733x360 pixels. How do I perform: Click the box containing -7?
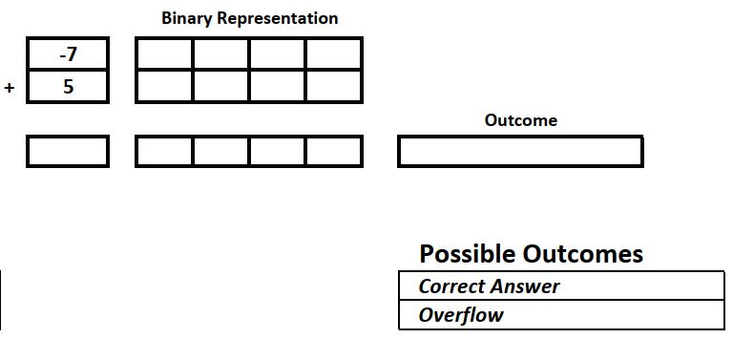click(68, 54)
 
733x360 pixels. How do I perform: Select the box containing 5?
click(68, 87)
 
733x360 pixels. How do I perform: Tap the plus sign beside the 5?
click(10, 88)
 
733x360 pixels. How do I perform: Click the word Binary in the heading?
click(188, 18)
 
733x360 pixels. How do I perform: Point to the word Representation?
click(278, 18)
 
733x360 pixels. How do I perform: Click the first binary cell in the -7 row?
click(164, 54)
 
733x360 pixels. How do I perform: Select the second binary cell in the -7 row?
click(220, 54)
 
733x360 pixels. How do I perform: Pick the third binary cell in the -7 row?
click(277, 54)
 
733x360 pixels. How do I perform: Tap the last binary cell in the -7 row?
click(333, 54)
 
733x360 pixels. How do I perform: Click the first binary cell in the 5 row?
click(164, 87)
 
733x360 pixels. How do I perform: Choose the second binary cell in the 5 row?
click(220, 87)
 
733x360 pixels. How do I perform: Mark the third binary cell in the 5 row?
click(277, 87)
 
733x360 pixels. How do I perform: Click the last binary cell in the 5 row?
click(333, 87)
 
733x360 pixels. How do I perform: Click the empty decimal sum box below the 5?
click(68, 151)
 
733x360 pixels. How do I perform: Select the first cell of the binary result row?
click(164, 151)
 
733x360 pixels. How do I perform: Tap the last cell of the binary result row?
click(333, 151)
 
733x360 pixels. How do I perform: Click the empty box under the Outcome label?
click(520, 151)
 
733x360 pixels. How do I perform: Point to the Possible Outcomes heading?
click(531, 254)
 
